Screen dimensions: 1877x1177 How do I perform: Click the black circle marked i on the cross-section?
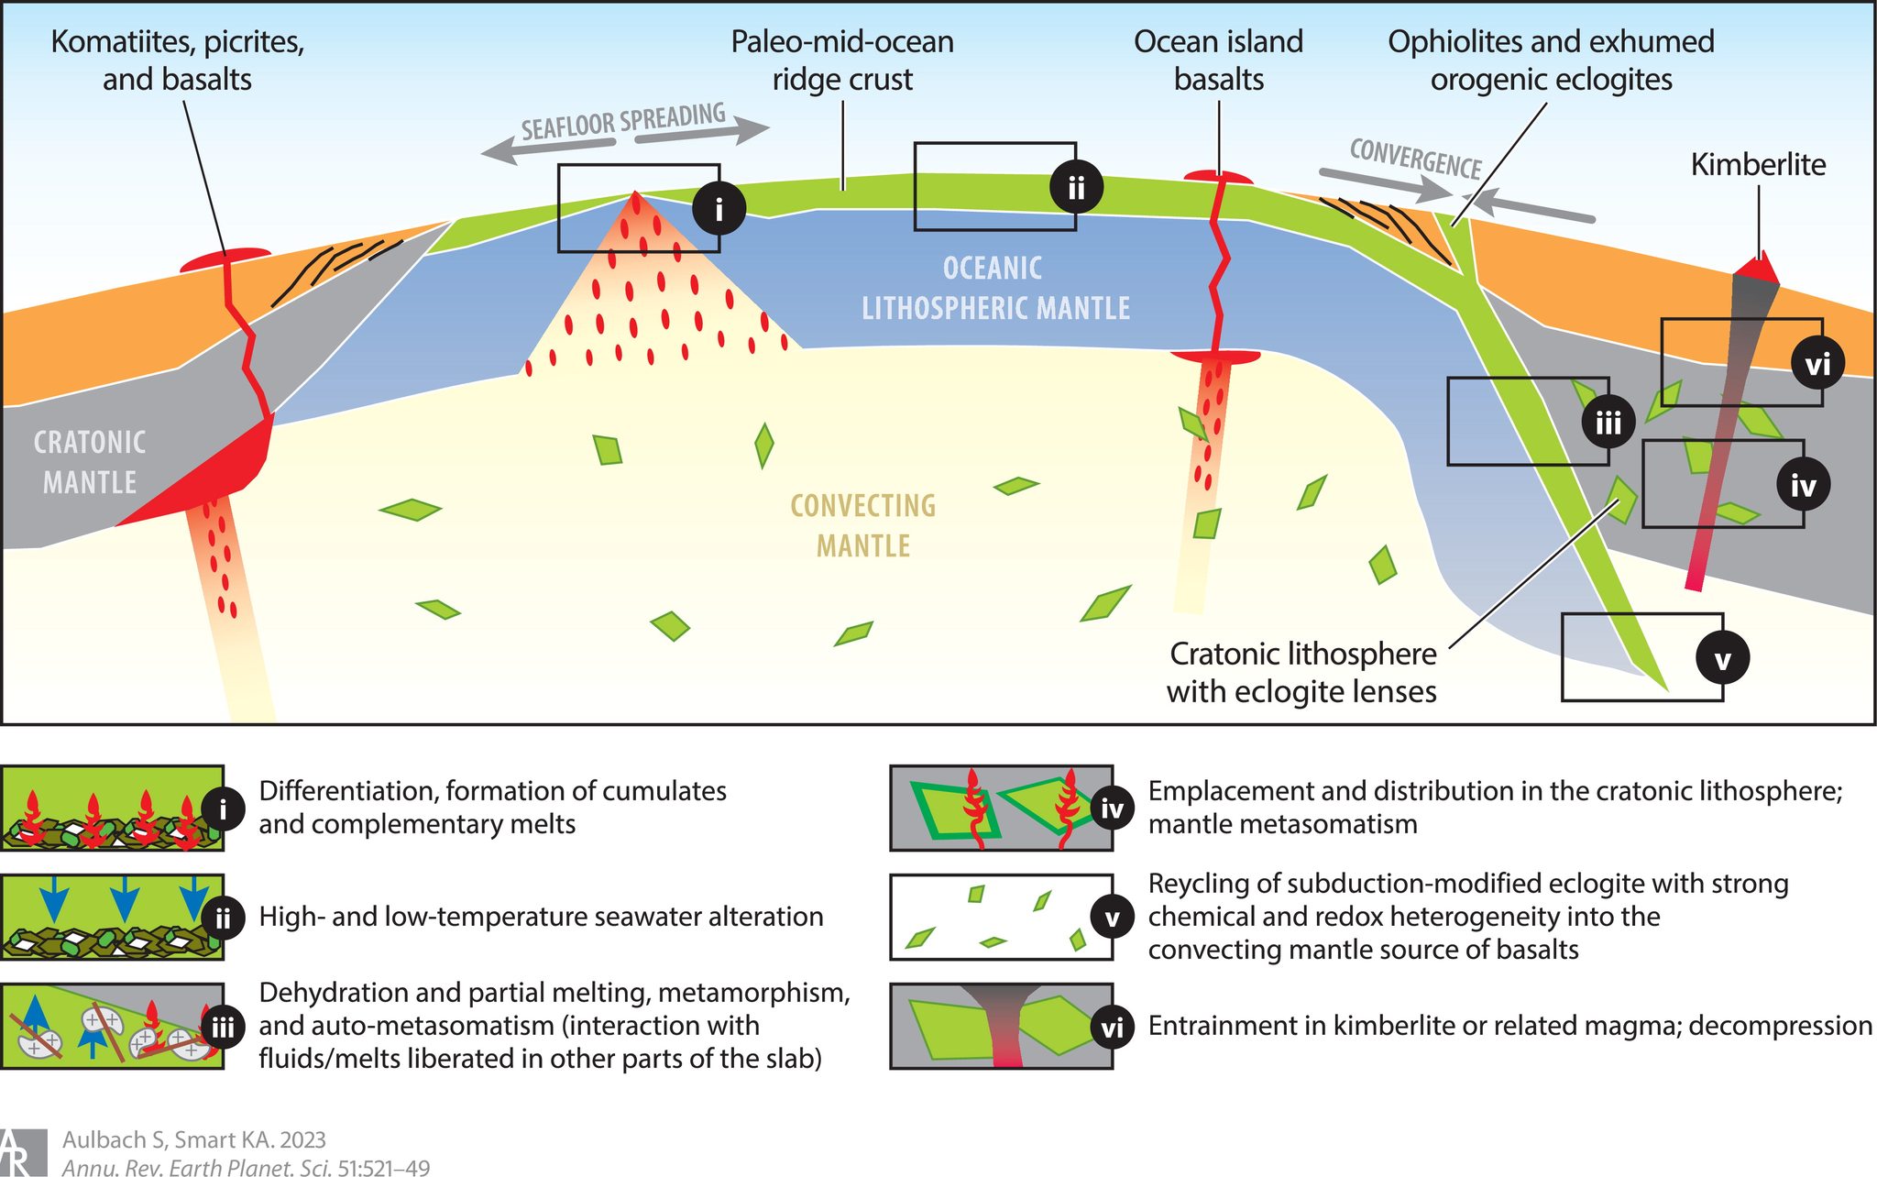[x=719, y=209]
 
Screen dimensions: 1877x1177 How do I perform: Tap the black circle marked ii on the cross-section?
[x=1076, y=187]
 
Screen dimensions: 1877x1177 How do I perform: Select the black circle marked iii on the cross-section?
[x=1608, y=423]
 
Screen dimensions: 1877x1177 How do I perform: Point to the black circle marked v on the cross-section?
[x=1722, y=658]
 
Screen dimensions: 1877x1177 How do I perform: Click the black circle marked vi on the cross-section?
[x=1817, y=364]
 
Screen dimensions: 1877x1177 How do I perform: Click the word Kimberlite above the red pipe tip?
[x=1758, y=164]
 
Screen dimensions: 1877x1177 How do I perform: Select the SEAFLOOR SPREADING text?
[x=623, y=123]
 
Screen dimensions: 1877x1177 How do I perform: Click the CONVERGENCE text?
[x=1416, y=159]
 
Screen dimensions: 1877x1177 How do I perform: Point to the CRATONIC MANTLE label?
[x=90, y=462]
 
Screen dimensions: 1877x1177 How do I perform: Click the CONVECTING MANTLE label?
[x=863, y=525]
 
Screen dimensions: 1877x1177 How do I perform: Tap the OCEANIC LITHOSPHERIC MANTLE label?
[x=995, y=288]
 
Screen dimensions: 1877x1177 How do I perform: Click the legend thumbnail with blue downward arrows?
[x=112, y=917]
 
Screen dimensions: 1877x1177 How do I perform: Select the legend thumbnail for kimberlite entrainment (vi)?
[x=1002, y=1026]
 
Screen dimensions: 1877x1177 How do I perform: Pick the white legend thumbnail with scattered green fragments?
[x=1002, y=917]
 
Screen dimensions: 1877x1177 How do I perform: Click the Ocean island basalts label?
[x=1218, y=60]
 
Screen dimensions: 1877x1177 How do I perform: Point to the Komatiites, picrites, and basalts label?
[x=178, y=60]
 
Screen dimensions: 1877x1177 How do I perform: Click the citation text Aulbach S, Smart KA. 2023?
[x=194, y=1139]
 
